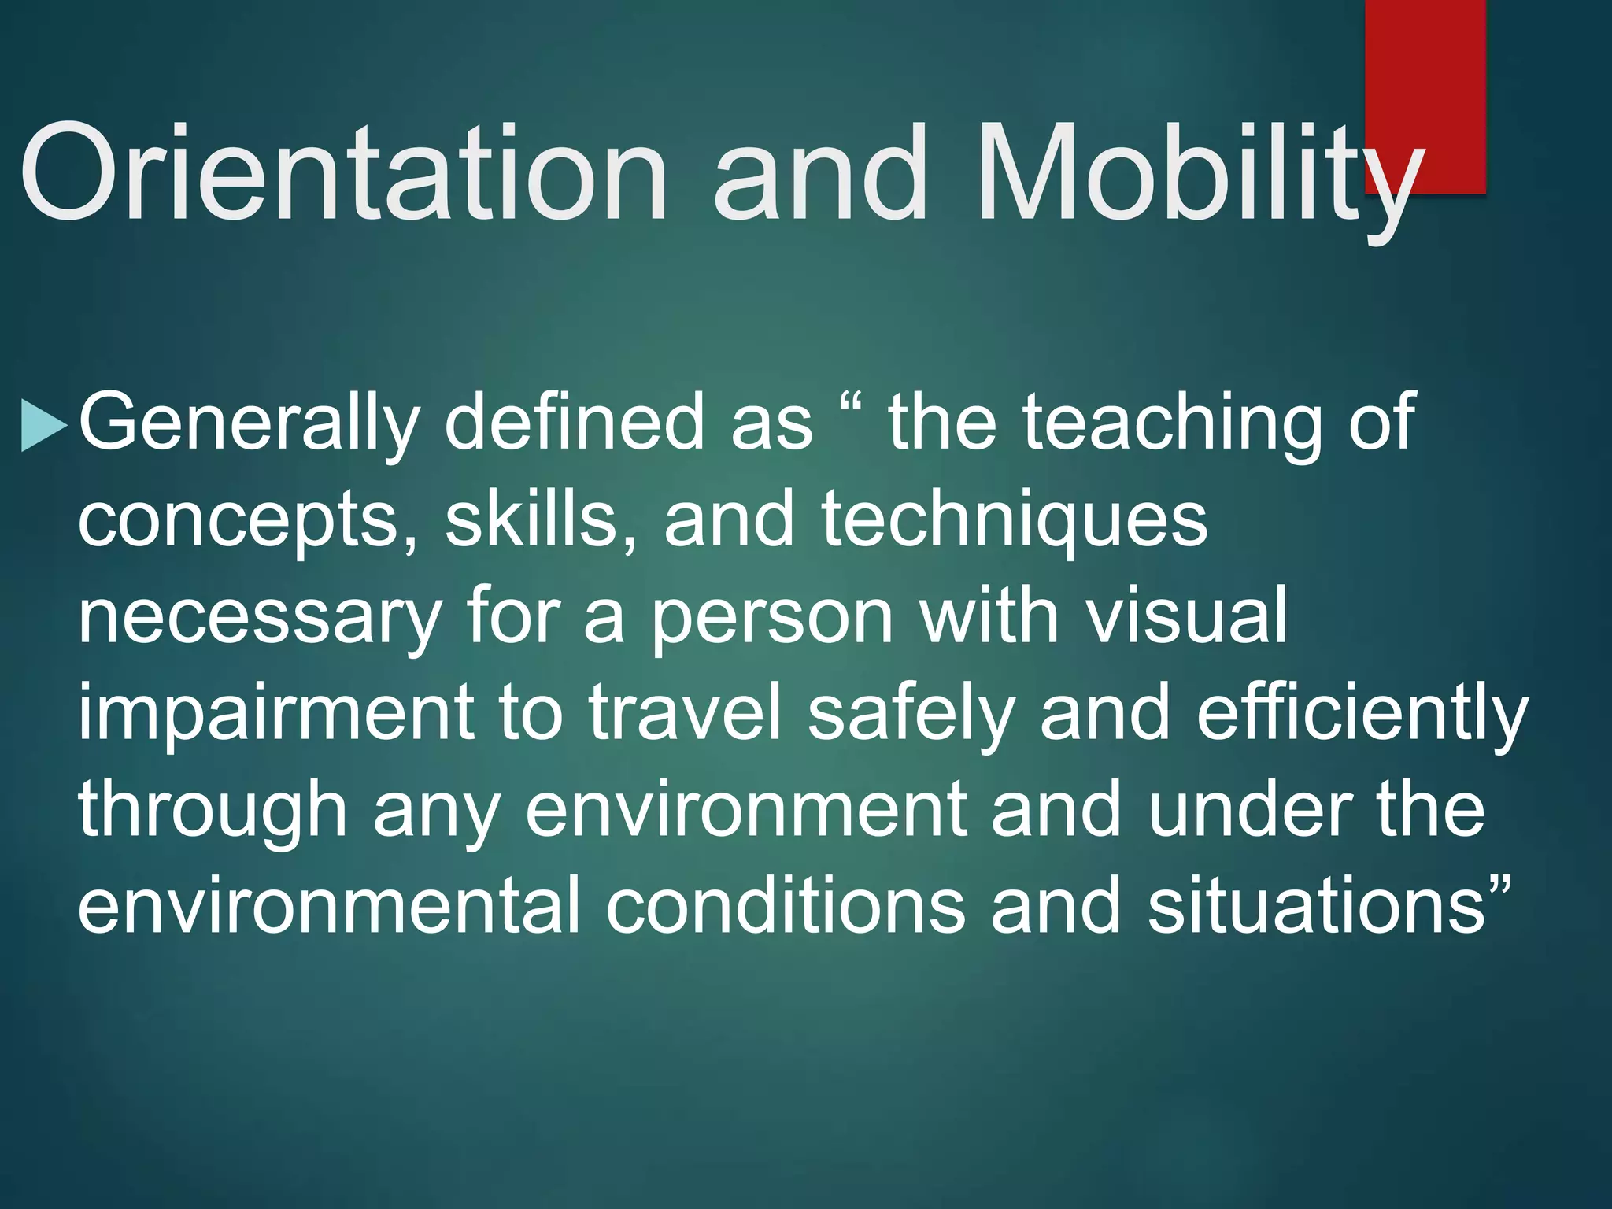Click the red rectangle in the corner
1425,79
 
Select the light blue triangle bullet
43,426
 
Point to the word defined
574,423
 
